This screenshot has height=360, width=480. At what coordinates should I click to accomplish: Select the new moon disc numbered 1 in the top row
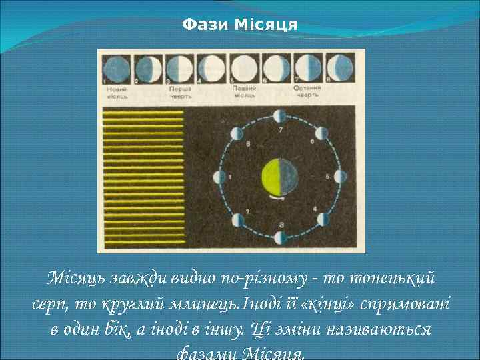(x=116, y=68)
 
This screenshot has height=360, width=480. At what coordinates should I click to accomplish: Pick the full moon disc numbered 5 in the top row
(x=244, y=68)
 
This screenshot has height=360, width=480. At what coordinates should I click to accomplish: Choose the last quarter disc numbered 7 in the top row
(x=308, y=68)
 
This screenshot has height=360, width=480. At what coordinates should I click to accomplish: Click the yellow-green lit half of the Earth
(x=271, y=177)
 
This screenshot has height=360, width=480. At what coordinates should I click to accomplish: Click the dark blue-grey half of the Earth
(x=289, y=177)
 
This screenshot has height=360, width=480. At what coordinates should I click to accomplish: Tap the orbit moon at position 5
(x=341, y=177)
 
